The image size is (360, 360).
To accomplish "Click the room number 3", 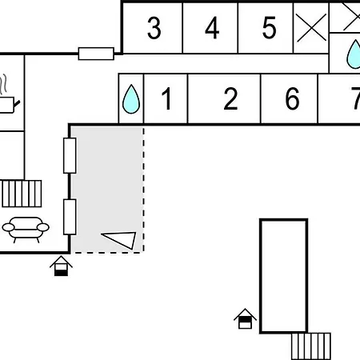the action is [154, 28].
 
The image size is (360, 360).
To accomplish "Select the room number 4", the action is [212, 28].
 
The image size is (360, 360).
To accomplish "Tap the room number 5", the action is [269, 28].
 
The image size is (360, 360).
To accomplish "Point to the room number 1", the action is [166, 98].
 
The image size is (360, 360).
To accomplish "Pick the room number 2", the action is [230, 98].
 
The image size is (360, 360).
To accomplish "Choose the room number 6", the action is [292, 98].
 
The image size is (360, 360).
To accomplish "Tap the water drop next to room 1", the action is [131, 99].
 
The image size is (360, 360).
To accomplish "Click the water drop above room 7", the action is [354, 54].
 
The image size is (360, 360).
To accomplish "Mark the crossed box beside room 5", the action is [311, 28].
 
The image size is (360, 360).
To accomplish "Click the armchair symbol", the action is [26, 230].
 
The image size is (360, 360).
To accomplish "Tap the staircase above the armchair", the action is [22, 194].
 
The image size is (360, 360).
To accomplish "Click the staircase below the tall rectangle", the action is [311, 346].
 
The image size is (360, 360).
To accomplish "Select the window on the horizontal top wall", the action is [96, 54].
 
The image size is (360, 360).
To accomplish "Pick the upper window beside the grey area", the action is [70, 155].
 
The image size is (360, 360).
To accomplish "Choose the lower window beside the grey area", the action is [70, 217].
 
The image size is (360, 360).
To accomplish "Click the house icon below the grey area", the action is [61, 266].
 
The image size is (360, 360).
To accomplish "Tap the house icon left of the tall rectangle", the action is [245, 318].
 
